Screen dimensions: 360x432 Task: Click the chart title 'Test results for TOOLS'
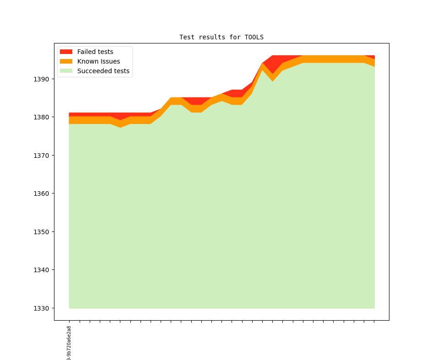coord(221,37)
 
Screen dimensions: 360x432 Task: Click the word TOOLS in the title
coord(254,37)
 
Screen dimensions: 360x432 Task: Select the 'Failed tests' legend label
coord(95,52)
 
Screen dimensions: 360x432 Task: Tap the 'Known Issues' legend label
coord(98,61)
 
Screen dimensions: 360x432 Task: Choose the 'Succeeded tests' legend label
coord(103,71)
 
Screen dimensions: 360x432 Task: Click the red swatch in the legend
coord(66,52)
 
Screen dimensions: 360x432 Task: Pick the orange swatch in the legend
coord(66,61)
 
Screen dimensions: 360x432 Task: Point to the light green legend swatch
coord(66,71)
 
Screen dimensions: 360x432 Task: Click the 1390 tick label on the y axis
coord(42,79)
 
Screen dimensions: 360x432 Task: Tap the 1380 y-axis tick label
coord(42,117)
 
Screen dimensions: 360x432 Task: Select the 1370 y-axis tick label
coord(42,156)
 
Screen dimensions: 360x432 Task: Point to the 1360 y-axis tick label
coord(42,193)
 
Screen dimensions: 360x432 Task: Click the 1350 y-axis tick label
coord(42,232)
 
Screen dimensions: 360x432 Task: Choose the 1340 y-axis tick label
coord(42,270)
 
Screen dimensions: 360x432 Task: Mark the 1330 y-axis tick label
coord(42,308)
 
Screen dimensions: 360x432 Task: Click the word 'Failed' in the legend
coord(86,52)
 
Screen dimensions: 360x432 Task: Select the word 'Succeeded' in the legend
coord(94,71)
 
